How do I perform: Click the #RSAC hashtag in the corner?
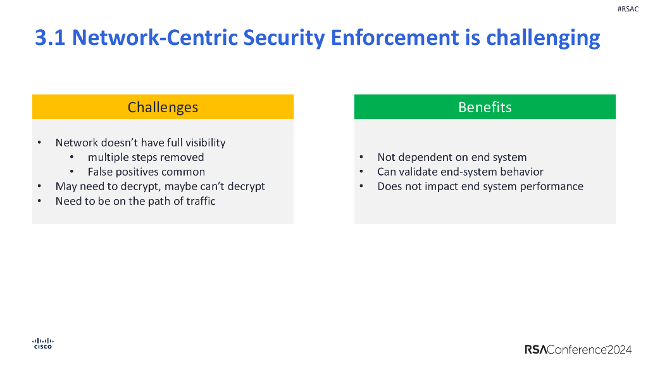point(628,9)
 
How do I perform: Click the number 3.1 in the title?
point(50,38)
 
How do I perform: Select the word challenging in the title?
point(543,38)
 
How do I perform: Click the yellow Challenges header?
point(163,107)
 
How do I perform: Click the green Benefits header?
point(485,107)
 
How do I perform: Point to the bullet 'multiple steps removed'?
point(146,157)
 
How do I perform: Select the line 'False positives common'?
point(146,172)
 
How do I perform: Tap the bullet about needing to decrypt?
point(160,186)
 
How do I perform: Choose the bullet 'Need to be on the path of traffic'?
point(135,201)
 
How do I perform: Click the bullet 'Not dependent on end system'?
point(452,157)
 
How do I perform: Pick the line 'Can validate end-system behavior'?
point(460,172)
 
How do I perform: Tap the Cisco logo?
point(42,343)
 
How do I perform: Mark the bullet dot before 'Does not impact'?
point(361,186)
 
